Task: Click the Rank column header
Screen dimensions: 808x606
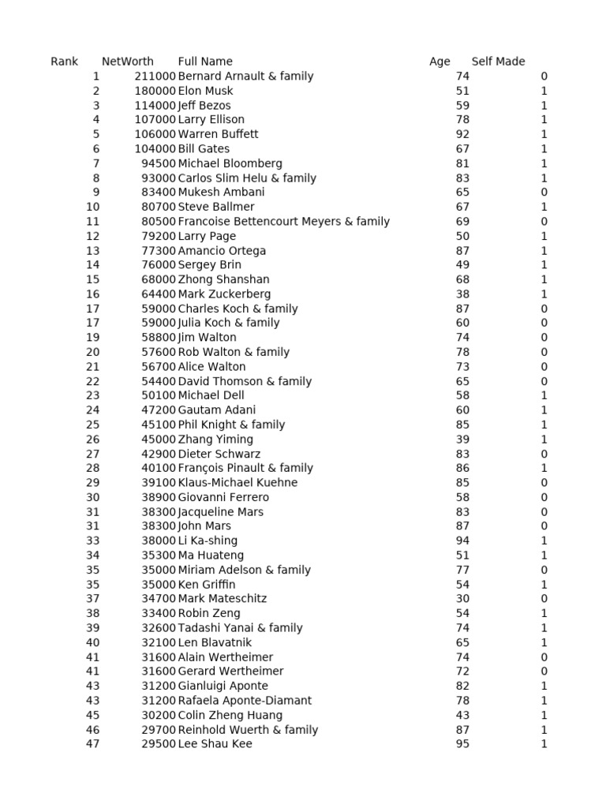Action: [64, 62]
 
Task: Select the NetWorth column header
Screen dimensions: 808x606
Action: [127, 62]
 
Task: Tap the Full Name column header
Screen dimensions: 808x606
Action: [205, 62]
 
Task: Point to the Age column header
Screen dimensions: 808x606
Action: [440, 62]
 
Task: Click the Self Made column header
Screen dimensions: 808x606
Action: [498, 62]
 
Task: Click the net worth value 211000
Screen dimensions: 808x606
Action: [155, 77]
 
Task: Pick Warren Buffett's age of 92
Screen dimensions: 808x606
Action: [462, 134]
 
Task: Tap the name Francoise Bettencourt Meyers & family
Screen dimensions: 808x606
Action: [284, 222]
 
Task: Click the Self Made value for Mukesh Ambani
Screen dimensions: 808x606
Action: [544, 193]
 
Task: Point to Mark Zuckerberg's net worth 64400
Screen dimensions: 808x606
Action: [159, 294]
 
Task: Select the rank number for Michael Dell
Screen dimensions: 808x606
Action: [93, 395]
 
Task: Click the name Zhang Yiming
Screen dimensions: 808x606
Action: [215, 440]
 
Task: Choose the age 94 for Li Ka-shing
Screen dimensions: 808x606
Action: [462, 541]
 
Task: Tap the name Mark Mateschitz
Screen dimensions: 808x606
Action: [223, 599]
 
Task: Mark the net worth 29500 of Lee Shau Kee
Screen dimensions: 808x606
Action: [159, 744]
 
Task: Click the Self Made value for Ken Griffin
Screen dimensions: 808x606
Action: [544, 585]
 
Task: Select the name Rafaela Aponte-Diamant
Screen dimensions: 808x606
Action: [245, 701]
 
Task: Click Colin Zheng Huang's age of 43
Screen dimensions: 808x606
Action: [462, 715]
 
